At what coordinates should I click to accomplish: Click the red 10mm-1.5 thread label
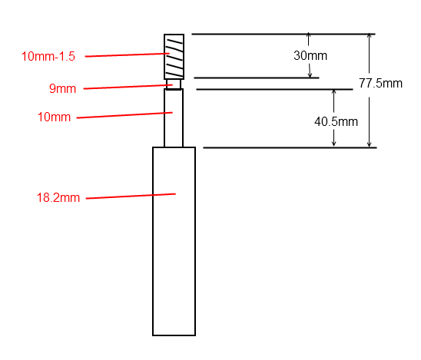(x=48, y=56)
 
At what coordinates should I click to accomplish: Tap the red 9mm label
(x=62, y=88)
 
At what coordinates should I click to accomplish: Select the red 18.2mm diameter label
(x=58, y=198)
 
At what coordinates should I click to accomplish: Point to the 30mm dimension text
(x=310, y=55)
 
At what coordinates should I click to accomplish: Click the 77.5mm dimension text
(x=380, y=83)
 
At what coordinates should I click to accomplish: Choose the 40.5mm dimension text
(x=336, y=121)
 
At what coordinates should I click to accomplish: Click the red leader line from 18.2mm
(x=131, y=196)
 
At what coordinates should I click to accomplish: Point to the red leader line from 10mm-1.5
(x=128, y=55)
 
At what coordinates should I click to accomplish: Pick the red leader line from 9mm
(x=128, y=87)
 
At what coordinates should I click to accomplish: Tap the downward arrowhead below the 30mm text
(x=310, y=76)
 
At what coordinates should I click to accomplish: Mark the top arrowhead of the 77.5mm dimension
(x=370, y=35)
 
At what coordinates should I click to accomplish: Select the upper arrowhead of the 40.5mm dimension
(x=333, y=91)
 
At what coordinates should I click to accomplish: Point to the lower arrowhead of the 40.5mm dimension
(x=333, y=144)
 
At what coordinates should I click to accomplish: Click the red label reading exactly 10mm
(x=54, y=117)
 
